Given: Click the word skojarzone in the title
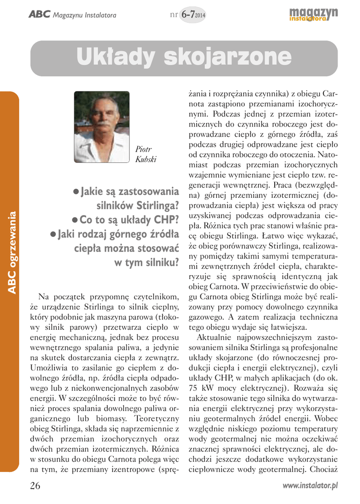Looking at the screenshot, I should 224,58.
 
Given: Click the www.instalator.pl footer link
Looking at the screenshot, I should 310,486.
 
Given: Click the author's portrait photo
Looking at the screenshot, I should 102,127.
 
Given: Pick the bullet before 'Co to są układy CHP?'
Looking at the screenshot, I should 75,220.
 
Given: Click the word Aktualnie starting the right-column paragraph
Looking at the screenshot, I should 215,337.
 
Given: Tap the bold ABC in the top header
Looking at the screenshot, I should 39,15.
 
